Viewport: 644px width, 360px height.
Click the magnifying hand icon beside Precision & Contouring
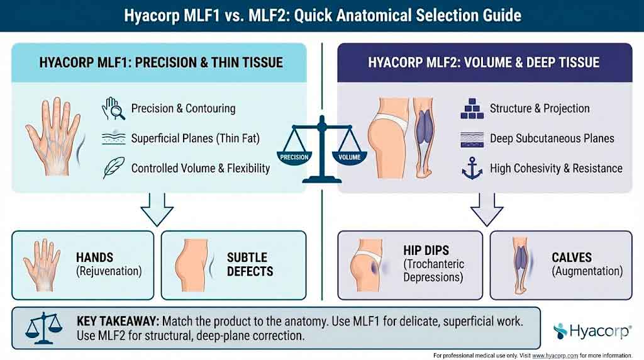[113, 109]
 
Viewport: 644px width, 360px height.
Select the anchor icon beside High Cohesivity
[472, 169]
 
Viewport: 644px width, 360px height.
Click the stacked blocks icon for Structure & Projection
[472, 109]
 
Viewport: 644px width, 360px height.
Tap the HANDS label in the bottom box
[95, 257]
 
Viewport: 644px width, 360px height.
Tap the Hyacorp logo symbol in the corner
[561, 330]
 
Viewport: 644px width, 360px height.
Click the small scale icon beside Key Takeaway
[42, 327]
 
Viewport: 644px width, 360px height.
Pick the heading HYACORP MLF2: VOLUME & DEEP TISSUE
[484, 62]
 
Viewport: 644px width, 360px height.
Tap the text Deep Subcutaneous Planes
[552, 138]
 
